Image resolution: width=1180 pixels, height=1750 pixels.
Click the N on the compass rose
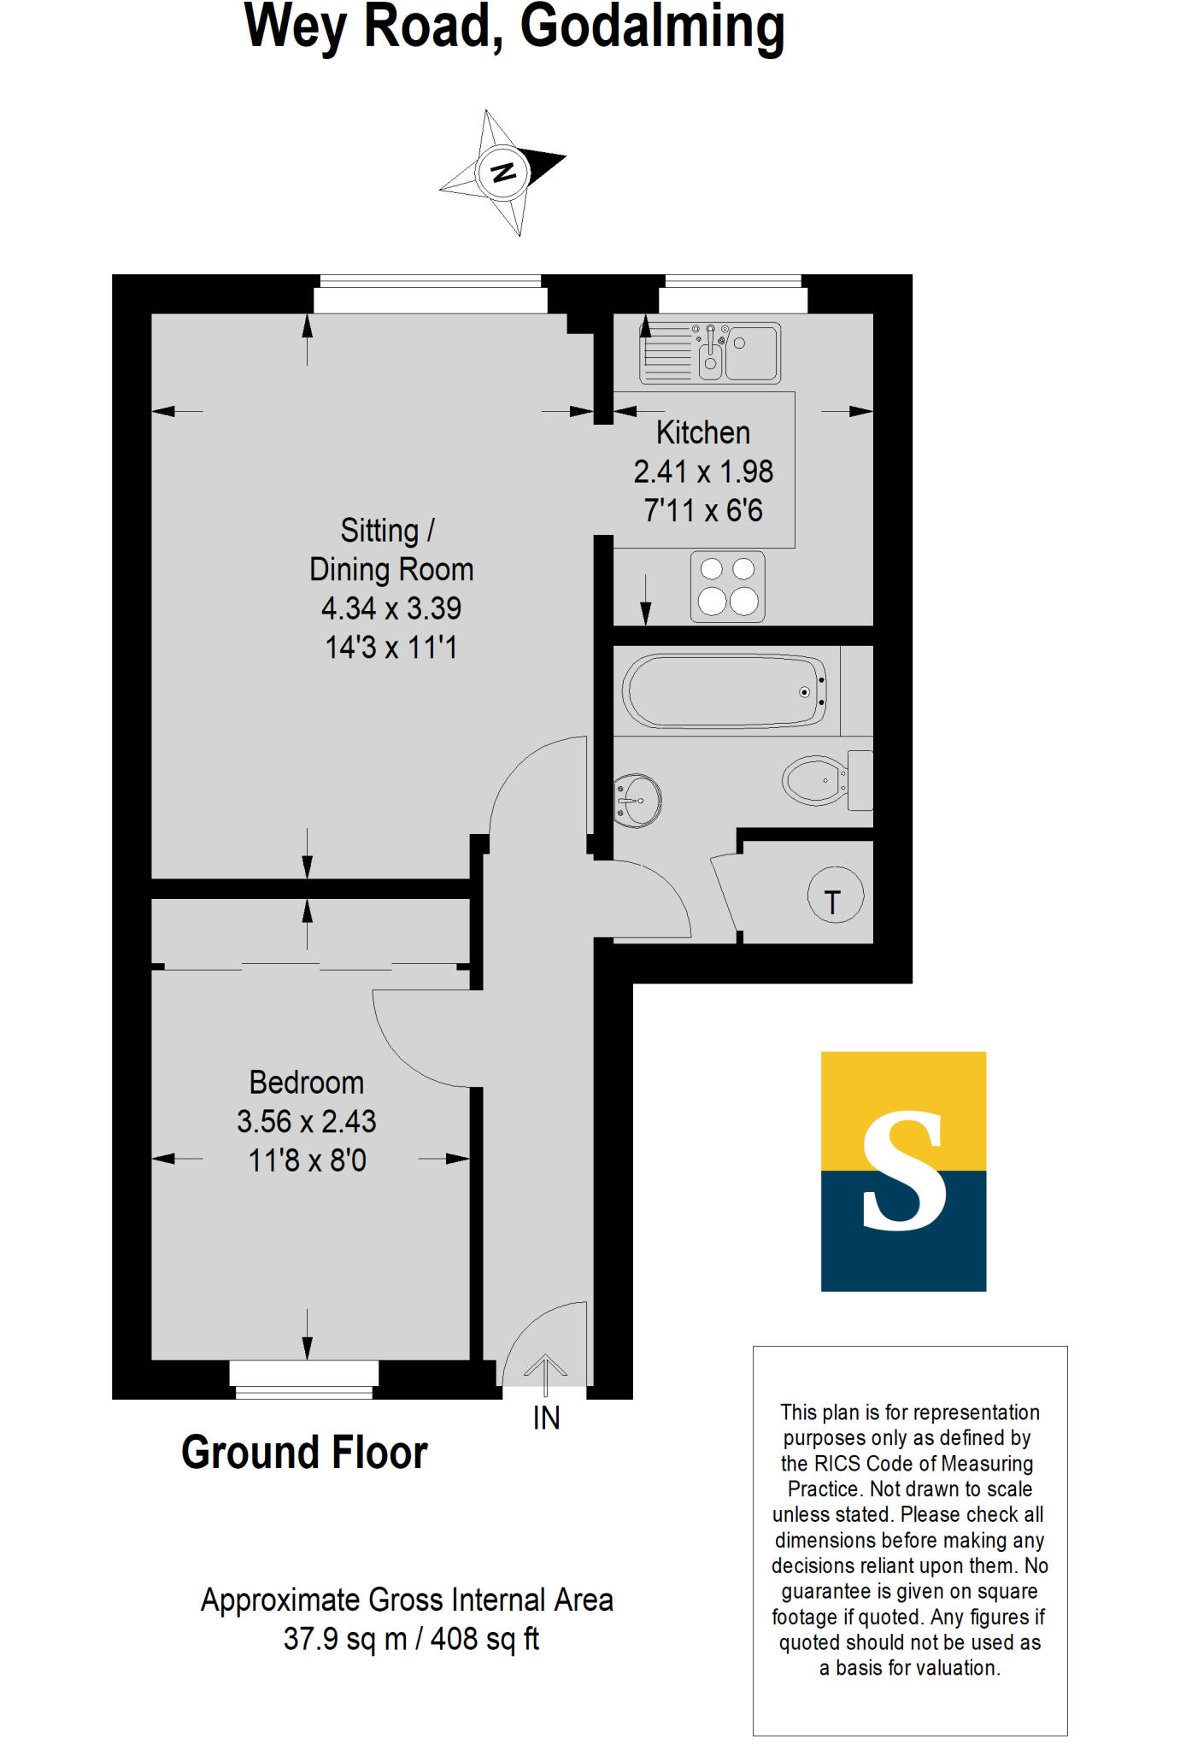[x=503, y=172]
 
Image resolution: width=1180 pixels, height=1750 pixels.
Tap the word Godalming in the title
[x=652, y=27]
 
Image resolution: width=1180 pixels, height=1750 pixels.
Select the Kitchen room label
[x=703, y=432]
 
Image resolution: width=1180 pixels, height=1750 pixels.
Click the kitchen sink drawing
[x=711, y=352]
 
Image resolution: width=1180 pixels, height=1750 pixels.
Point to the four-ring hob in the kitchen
[x=728, y=587]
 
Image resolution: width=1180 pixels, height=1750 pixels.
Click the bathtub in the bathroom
[x=725, y=690]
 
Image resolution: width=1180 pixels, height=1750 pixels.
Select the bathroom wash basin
[x=637, y=801]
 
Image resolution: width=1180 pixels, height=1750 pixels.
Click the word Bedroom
[x=307, y=1083]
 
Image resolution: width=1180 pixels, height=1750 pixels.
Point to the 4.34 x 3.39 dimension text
[x=391, y=608]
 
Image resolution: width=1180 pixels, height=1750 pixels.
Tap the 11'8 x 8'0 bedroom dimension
[x=307, y=1160]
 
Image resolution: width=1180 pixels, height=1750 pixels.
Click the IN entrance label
[x=546, y=1418]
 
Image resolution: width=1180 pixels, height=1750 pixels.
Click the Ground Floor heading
[x=304, y=1453]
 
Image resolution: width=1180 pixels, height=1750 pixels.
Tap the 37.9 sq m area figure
[x=344, y=1639]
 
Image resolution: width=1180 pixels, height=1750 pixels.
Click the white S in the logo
[x=903, y=1171]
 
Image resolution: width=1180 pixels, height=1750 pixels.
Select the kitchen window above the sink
[x=733, y=295]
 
